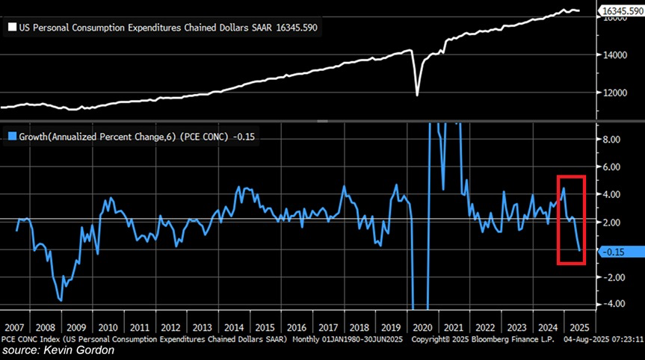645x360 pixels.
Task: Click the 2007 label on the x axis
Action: click(x=15, y=327)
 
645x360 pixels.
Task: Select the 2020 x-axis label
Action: click(x=424, y=327)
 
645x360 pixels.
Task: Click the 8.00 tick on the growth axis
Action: click(x=611, y=139)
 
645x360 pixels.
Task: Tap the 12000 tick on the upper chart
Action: click(x=614, y=93)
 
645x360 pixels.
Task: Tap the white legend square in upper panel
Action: click(x=11, y=27)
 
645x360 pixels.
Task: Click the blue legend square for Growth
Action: click(x=11, y=135)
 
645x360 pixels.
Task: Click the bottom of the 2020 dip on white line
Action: click(x=417, y=95)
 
